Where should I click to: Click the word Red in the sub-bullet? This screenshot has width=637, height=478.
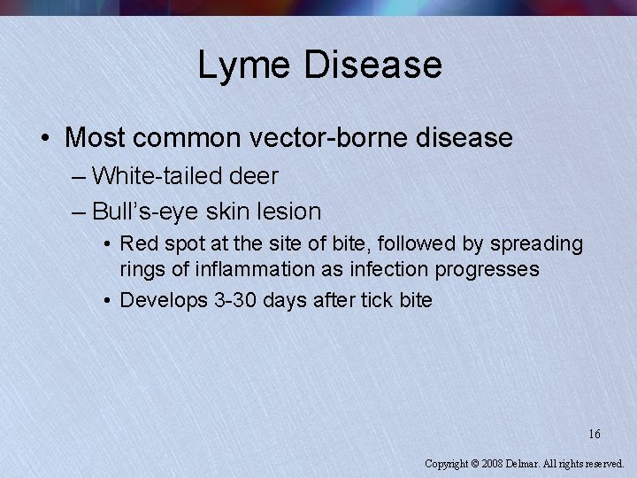point(135,243)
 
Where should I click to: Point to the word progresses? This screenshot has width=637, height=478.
point(492,268)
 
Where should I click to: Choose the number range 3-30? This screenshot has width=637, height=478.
point(237,300)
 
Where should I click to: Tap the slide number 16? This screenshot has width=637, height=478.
point(595,434)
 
